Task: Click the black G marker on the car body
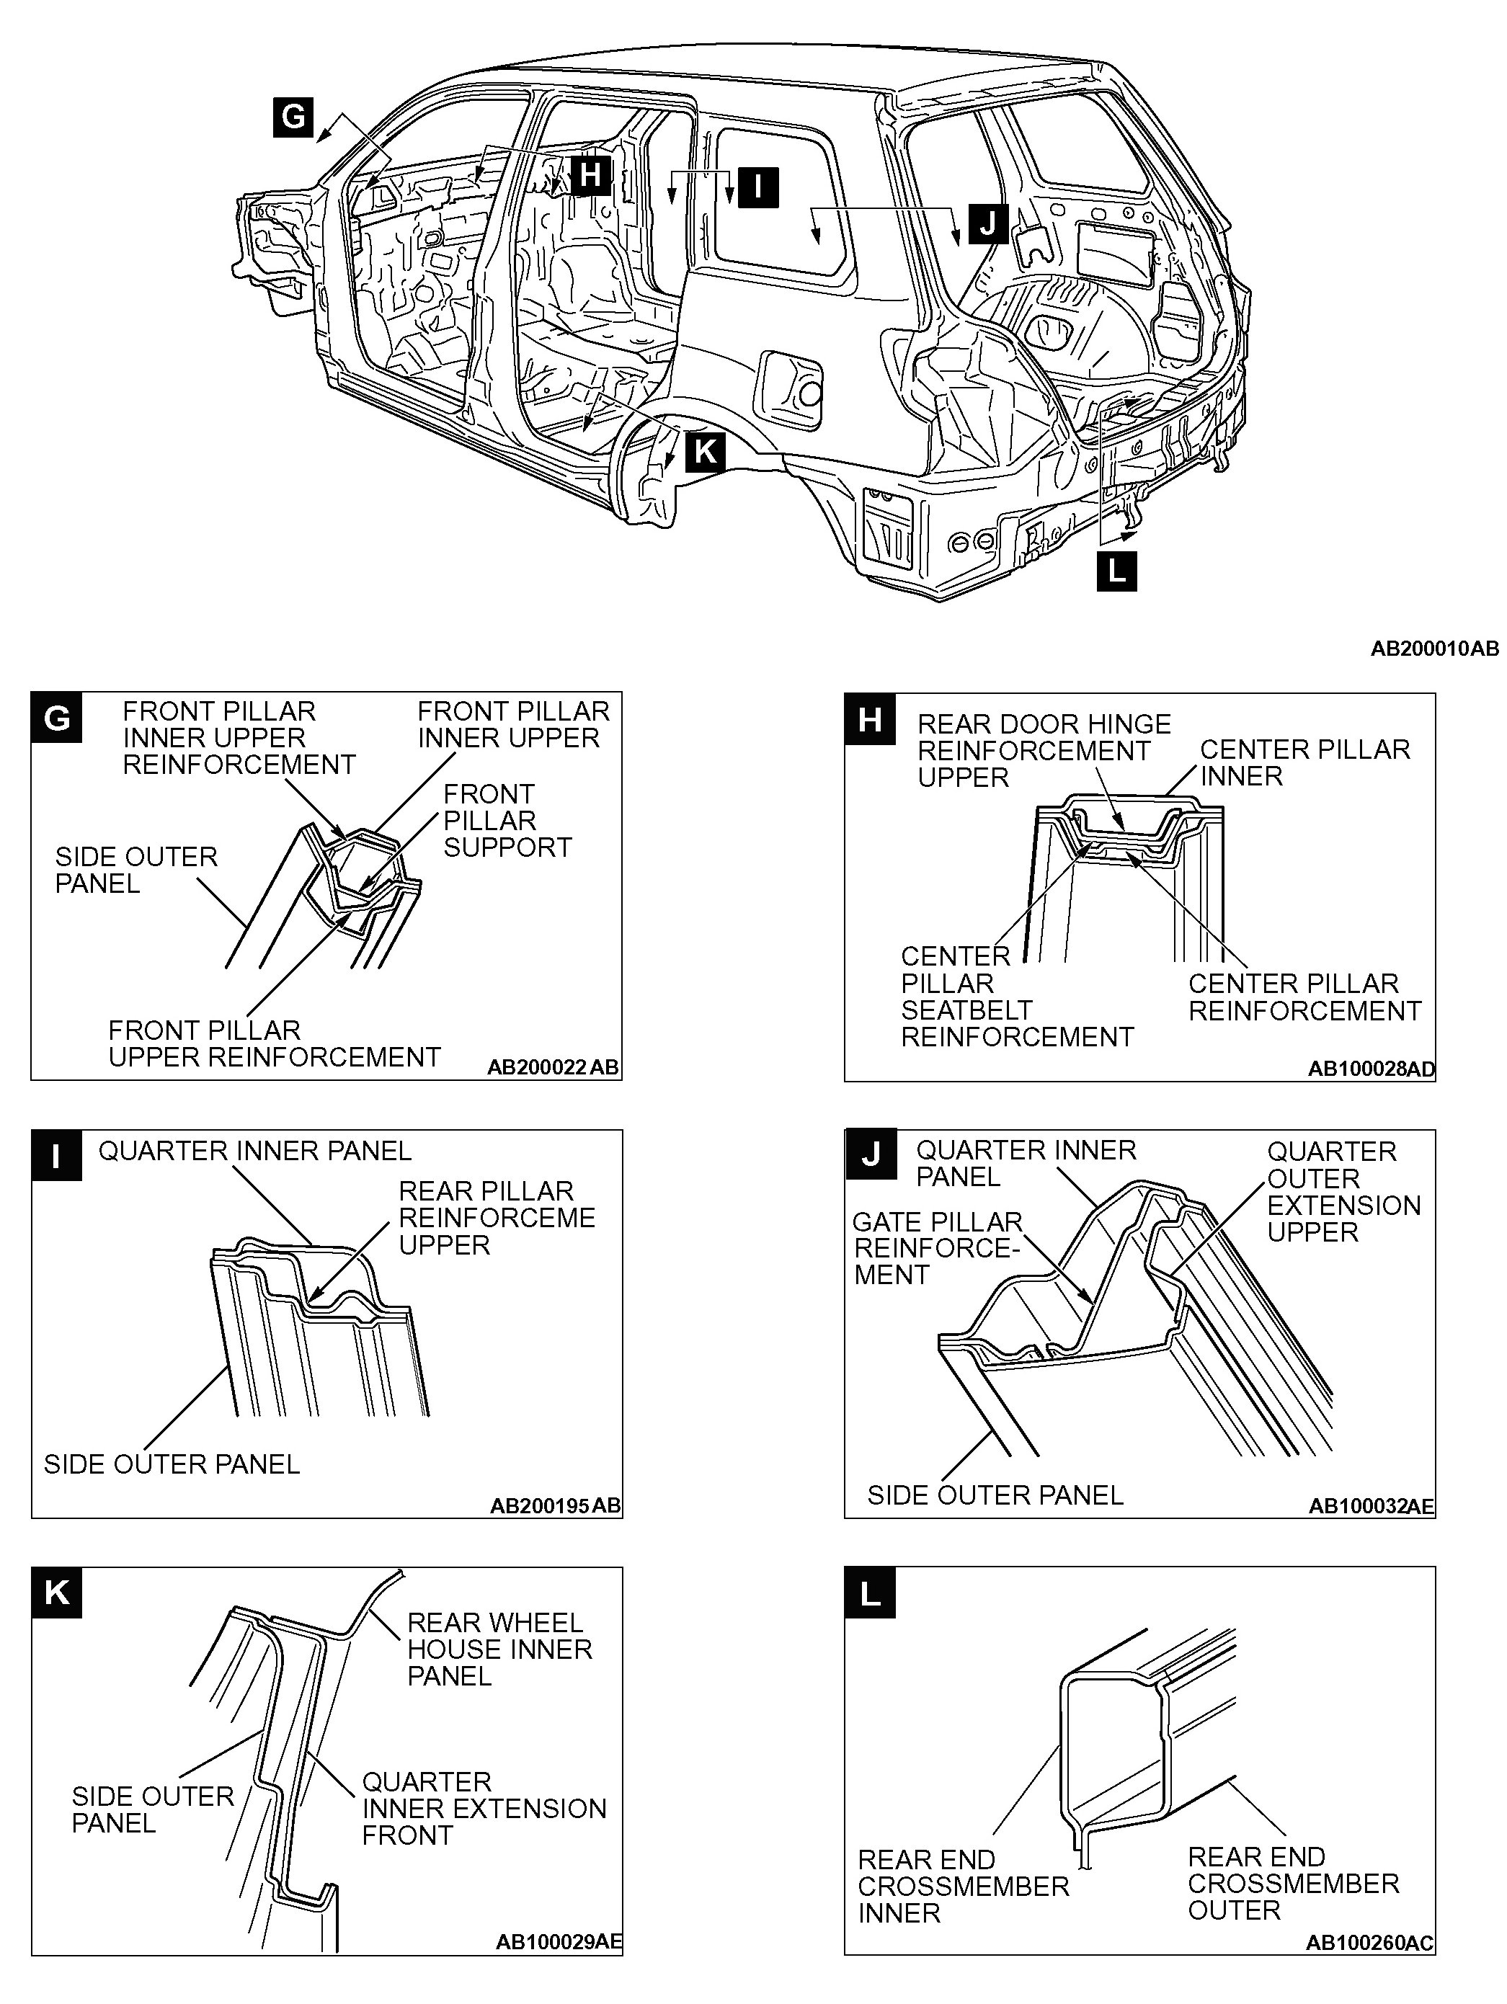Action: tap(293, 117)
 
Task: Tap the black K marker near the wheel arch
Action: tap(705, 451)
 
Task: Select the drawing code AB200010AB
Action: tap(1433, 649)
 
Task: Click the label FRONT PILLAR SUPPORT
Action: tap(507, 821)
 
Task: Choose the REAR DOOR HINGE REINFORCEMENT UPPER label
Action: tap(1043, 750)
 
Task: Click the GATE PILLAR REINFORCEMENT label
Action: tap(937, 1247)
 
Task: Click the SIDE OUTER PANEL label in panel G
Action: tap(136, 870)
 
